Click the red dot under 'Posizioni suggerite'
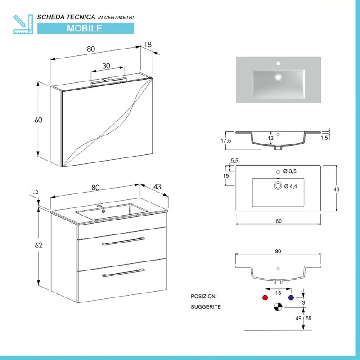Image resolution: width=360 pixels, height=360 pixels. [x=264, y=298]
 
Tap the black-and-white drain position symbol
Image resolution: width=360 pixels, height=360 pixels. [x=278, y=307]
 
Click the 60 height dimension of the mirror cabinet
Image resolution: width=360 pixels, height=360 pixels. [x=38, y=120]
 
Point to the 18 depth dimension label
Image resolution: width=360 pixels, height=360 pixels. [x=148, y=45]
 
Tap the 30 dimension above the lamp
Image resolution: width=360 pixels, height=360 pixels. [x=106, y=66]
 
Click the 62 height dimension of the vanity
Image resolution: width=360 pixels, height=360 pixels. [x=39, y=245]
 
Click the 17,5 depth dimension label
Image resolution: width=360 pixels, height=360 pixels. [x=226, y=141]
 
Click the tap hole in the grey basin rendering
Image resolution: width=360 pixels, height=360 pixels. [x=278, y=63]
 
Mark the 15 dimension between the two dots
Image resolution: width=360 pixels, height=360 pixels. [x=278, y=293]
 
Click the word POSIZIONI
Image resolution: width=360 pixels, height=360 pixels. [x=204, y=297]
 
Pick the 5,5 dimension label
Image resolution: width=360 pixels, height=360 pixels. [x=234, y=161]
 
